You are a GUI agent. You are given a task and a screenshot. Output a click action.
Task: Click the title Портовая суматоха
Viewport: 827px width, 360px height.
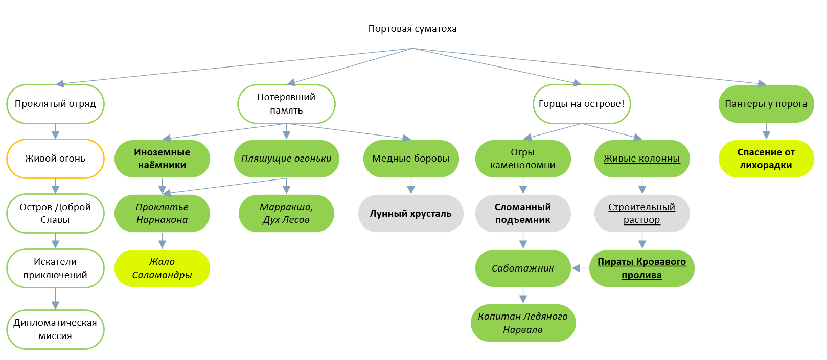tap(412, 29)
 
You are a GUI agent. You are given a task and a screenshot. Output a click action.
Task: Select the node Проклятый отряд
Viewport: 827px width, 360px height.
tap(55, 104)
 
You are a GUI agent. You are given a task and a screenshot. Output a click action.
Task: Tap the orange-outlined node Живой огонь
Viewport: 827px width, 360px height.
tap(55, 159)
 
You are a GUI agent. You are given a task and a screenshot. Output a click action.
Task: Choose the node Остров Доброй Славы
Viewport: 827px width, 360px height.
tap(55, 213)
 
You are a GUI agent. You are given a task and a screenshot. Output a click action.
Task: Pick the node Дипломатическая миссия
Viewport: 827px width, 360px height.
tap(55, 329)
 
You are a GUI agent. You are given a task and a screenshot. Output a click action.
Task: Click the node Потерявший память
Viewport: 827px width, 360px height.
tap(286, 104)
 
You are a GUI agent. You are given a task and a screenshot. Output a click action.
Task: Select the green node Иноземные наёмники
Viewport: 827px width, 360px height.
tap(162, 159)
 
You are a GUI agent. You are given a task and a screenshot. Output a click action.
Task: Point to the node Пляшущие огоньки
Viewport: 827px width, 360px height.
tap(286, 159)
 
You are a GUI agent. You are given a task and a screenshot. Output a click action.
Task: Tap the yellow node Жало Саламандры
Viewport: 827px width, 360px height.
tap(162, 268)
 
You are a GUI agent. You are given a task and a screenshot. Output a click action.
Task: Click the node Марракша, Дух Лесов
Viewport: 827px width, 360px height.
tap(286, 213)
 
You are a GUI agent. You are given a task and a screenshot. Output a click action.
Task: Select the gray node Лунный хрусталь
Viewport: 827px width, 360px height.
tap(410, 213)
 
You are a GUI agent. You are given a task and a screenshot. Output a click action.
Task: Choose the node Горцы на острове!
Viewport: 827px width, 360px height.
tap(582, 104)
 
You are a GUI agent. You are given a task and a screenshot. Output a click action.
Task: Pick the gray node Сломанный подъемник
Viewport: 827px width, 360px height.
tap(523, 213)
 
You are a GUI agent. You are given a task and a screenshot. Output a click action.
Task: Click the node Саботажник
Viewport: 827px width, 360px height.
tap(523, 268)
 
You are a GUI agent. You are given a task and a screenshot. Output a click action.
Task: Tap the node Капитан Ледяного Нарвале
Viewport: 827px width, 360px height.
tap(523, 323)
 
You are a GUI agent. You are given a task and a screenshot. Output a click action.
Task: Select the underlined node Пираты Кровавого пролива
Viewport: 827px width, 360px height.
tap(641, 268)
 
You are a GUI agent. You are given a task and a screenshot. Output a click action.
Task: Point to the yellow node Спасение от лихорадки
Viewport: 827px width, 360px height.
tap(766, 159)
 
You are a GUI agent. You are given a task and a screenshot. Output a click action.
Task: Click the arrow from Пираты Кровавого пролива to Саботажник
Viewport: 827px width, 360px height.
tap(581, 268)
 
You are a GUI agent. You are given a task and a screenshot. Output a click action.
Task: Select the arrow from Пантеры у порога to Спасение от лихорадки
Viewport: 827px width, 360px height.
tap(766, 131)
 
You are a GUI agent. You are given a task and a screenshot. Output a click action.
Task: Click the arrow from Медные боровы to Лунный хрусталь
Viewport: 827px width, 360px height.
tap(410, 186)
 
